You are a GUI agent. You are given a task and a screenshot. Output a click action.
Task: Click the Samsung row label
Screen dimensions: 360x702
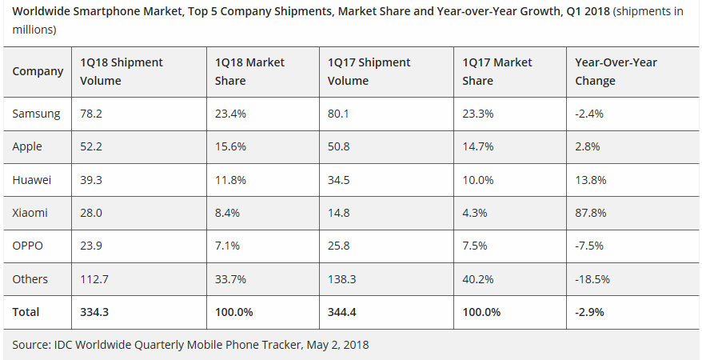(x=36, y=114)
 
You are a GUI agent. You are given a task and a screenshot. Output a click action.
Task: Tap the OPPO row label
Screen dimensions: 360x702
(x=29, y=246)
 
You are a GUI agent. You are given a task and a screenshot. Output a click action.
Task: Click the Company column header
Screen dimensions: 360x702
(x=38, y=71)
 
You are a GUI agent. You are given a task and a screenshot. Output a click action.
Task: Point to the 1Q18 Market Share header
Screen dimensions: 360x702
(x=249, y=71)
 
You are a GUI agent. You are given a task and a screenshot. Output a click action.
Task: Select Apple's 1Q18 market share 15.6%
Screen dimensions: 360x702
(x=230, y=147)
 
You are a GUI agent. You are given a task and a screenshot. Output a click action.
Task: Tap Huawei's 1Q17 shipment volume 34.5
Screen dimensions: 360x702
(x=340, y=180)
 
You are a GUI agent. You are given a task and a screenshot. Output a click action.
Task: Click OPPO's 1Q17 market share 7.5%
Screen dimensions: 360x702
(x=476, y=246)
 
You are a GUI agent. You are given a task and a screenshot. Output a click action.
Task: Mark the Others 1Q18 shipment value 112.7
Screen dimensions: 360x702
(x=94, y=278)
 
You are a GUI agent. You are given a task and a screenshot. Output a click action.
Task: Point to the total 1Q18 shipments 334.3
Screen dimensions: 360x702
(x=96, y=311)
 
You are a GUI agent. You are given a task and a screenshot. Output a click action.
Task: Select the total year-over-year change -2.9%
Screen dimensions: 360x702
(x=590, y=311)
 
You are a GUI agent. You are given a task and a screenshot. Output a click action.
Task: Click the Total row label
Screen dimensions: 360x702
(x=26, y=311)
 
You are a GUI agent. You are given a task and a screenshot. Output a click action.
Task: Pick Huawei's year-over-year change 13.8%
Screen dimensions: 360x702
(x=590, y=180)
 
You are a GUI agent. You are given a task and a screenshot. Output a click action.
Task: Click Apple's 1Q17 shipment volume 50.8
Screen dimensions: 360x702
(x=340, y=147)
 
